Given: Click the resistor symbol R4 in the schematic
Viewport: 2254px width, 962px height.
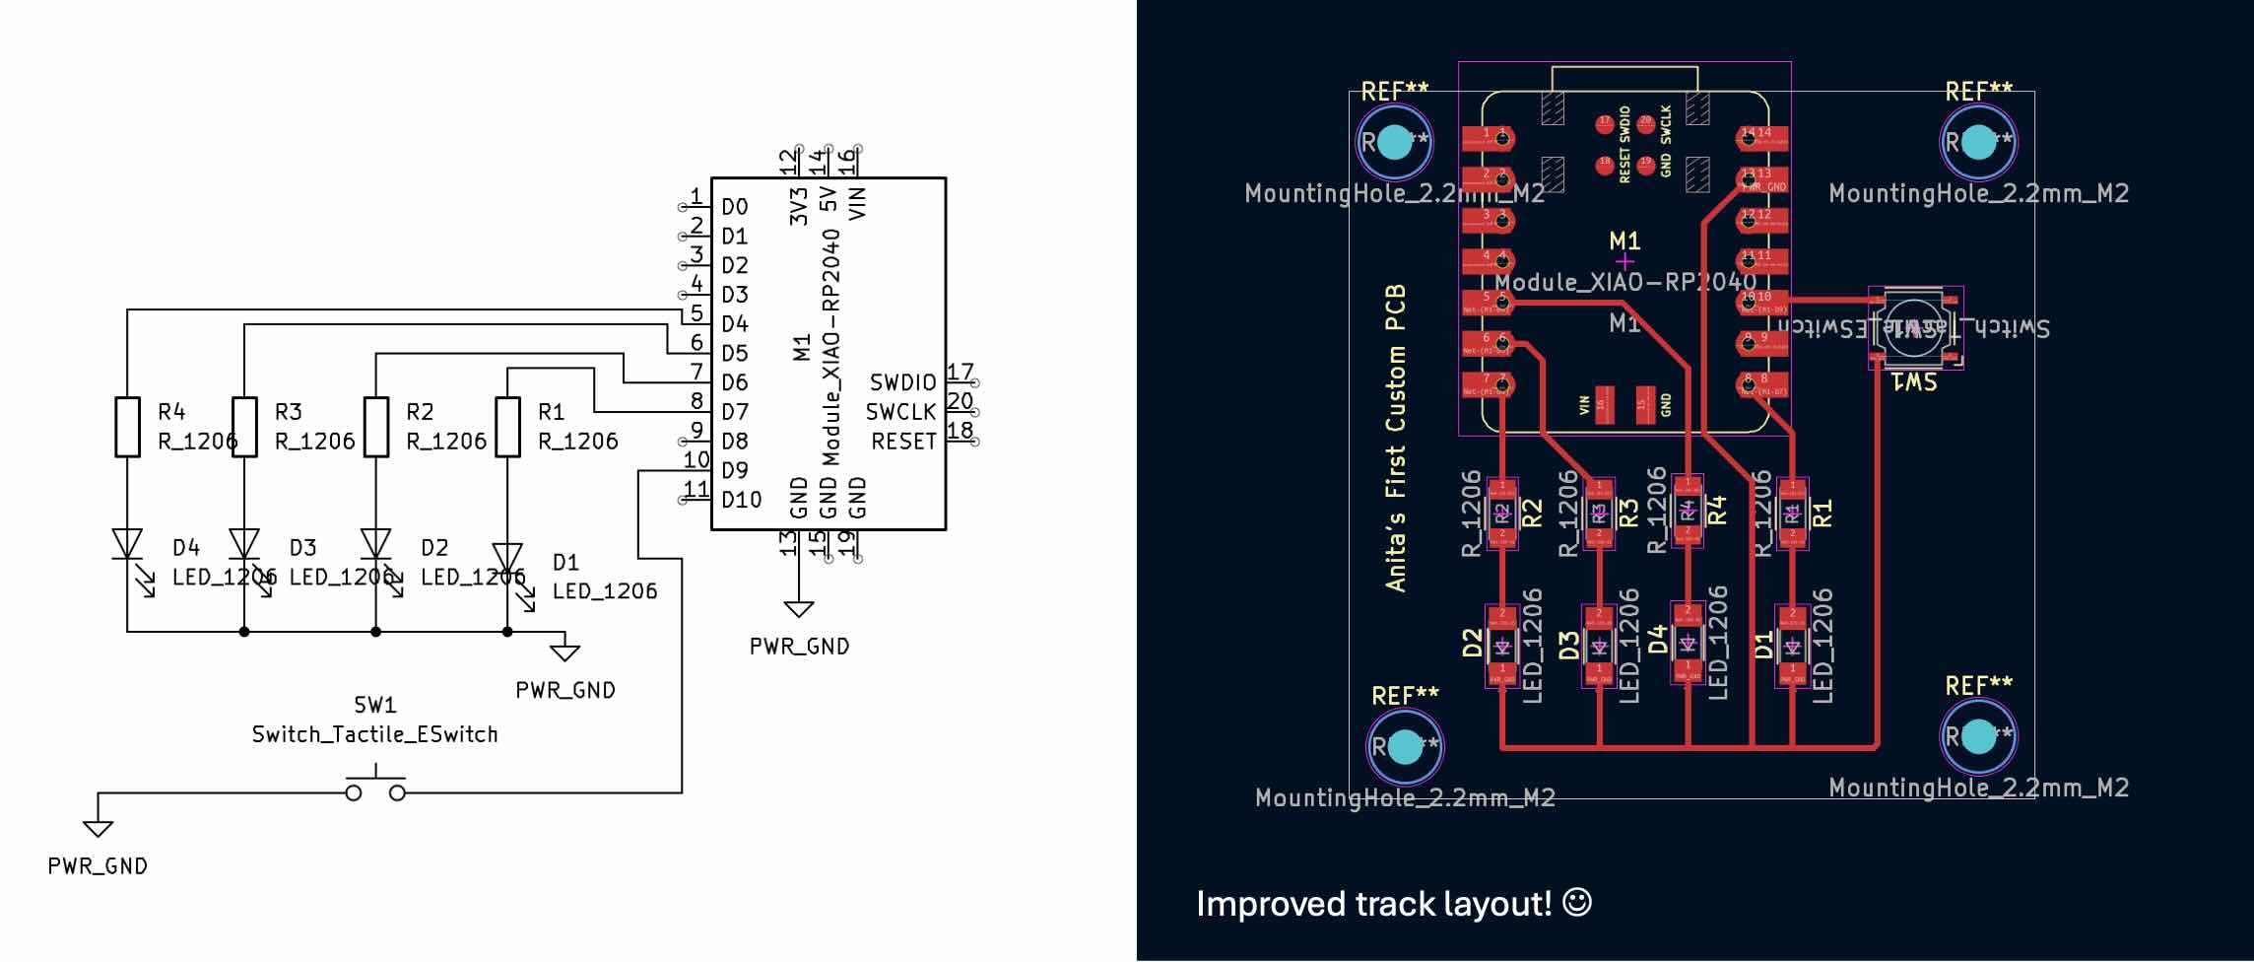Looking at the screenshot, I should click(x=128, y=427).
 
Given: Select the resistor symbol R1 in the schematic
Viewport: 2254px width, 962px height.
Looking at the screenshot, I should click(x=507, y=427).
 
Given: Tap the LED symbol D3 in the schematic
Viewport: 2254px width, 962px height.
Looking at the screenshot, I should click(x=244, y=544).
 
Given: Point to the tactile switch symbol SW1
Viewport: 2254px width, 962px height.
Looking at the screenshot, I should click(x=375, y=790).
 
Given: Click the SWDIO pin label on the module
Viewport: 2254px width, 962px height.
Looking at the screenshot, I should click(x=902, y=382).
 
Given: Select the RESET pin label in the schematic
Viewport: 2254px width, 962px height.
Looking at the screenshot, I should click(x=903, y=442).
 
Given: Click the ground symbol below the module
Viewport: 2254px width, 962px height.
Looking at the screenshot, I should click(x=799, y=608).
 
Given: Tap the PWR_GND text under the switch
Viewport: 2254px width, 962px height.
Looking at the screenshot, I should click(x=98, y=866).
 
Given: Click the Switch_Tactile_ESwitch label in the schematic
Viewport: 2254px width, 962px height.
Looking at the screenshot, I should click(x=374, y=734).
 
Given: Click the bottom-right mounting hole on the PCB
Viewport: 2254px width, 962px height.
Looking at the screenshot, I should click(x=1977, y=736).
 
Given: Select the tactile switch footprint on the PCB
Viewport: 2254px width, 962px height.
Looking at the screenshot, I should click(x=1915, y=328).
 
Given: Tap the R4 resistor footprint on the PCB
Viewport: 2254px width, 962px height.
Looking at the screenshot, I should click(x=1688, y=510).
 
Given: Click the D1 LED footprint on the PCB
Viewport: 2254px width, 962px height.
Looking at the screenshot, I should click(x=1792, y=647).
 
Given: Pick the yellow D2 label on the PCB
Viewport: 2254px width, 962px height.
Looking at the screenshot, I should click(x=1472, y=644).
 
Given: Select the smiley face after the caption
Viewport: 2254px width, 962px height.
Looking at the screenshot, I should click(x=1577, y=902).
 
